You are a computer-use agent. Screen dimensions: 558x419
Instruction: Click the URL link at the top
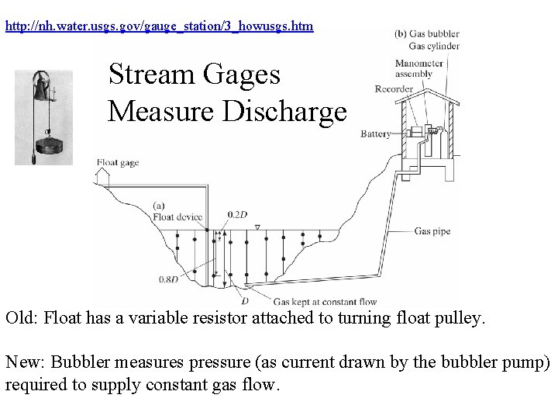[x=159, y=26]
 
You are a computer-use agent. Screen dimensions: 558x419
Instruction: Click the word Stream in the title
[x=152, y=74]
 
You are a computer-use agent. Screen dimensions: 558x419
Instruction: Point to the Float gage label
[x=118, y=162]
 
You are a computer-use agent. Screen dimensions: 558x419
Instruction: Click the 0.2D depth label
[x=239, y=213]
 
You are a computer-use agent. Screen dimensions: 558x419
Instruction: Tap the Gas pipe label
[x=431, y=230]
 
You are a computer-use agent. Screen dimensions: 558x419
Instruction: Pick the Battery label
[x=375, y=134]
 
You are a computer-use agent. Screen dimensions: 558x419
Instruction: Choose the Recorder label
[x=394, y=89]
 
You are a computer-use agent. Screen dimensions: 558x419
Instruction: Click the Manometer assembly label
[x=418, y=68]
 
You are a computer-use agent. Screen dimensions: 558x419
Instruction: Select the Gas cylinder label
[x=434, y=46]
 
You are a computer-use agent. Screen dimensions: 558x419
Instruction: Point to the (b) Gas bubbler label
[x=427, y=34]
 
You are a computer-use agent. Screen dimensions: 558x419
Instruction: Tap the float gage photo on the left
[x=43, y=116]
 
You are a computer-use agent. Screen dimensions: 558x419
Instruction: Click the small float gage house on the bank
[x=102, y=178]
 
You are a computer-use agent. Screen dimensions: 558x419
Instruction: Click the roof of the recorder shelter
[x=428, y=98]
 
